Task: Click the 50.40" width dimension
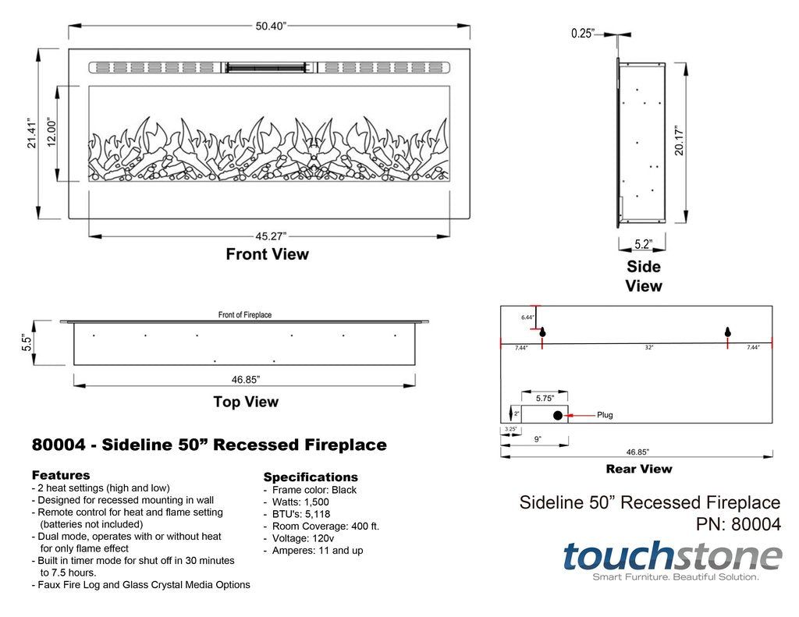[271, 26]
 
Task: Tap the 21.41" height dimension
[32, 133]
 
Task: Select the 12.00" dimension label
[52, 133]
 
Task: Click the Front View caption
[267, 254]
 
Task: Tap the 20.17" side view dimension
[680, 141]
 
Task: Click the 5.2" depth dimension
[643, 243]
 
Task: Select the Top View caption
[246, 402]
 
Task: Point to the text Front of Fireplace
[245, 315]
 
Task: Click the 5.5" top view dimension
[26, 342]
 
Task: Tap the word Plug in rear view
[605, 415]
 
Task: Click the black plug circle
[557, 415]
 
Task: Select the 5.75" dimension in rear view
[545, 398]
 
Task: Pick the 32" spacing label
[648, 348]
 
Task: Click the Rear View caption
[638, 469]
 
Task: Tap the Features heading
[61, 475]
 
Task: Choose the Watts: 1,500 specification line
[300, 502]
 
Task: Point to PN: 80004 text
[737, 525]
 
